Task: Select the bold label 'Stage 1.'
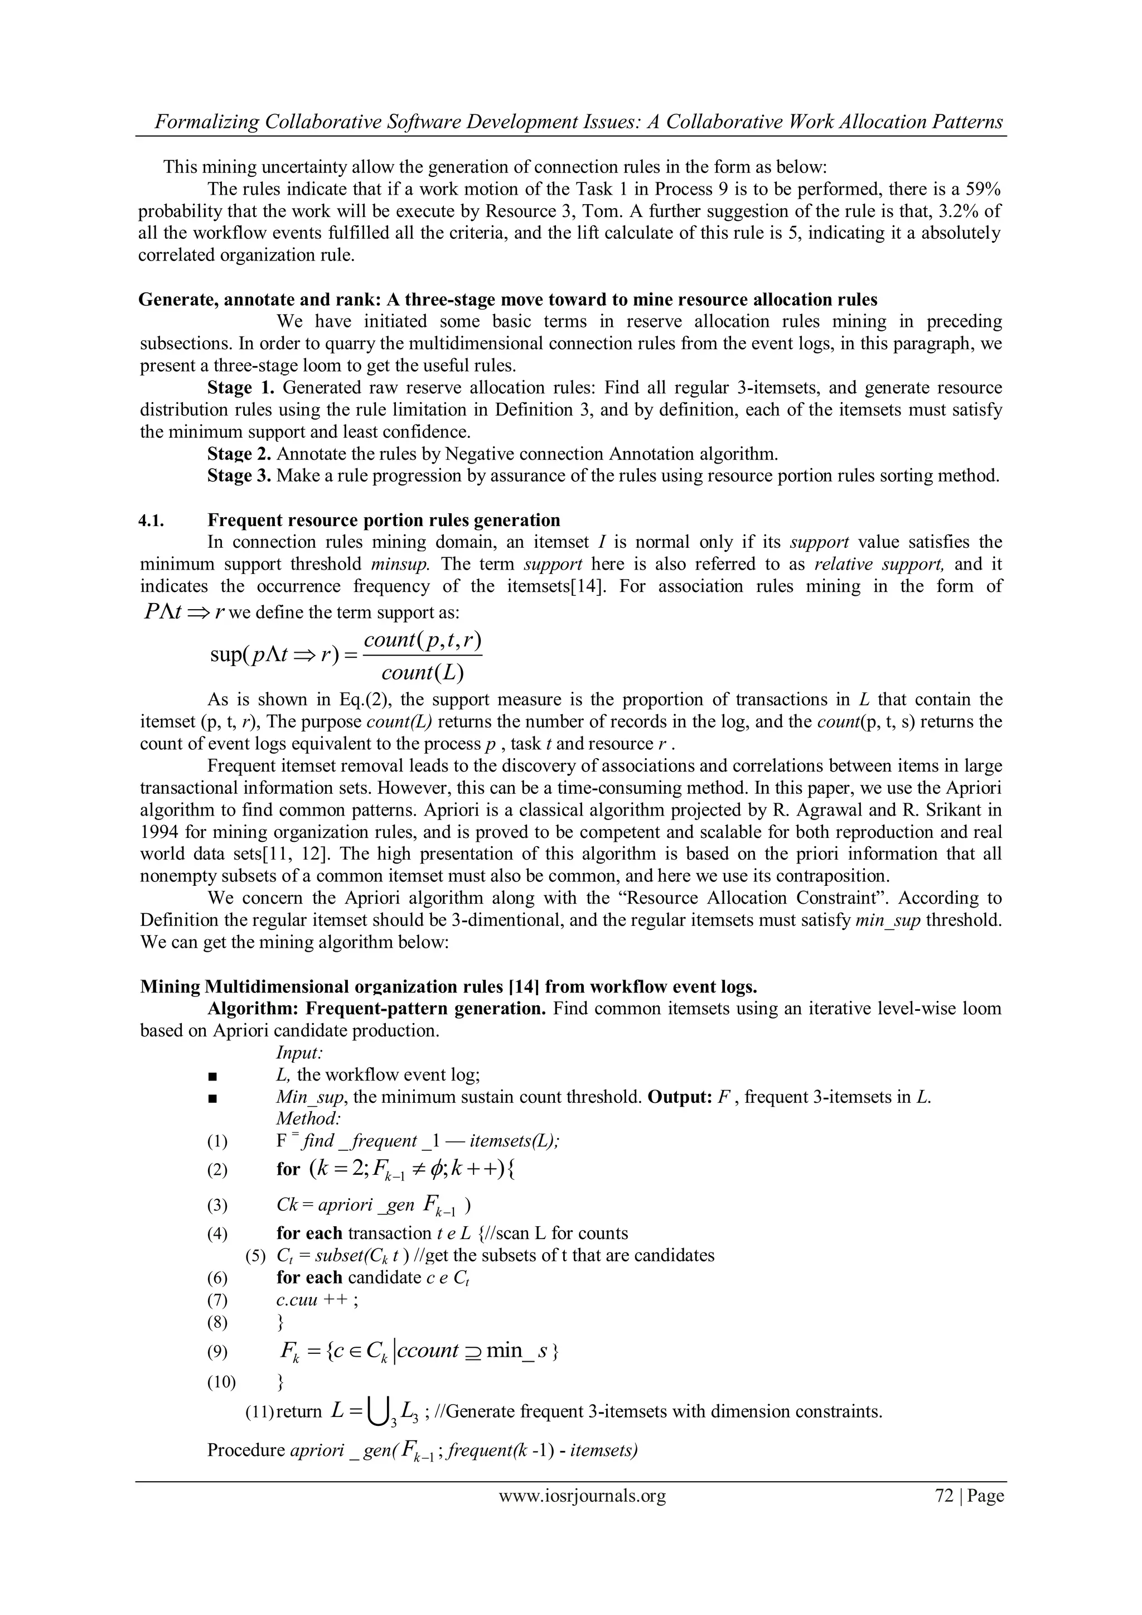(x=239, y=388)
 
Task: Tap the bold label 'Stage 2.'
(x=239, y=454)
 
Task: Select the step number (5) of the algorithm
(x=256, y=1256)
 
